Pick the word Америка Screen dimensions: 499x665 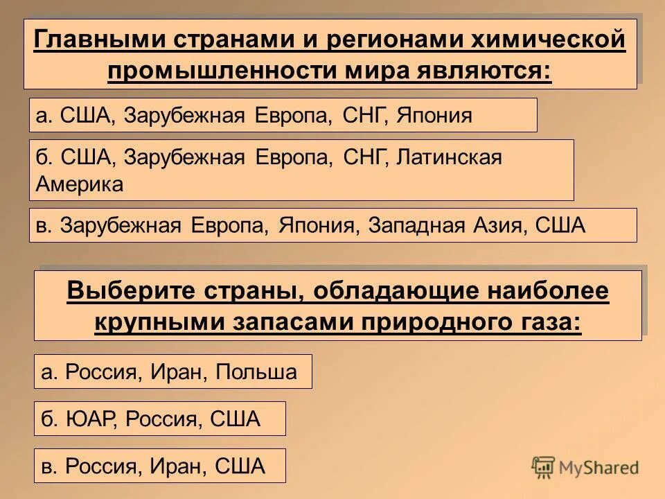80,184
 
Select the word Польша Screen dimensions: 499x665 256,372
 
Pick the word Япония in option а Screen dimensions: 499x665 434,116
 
